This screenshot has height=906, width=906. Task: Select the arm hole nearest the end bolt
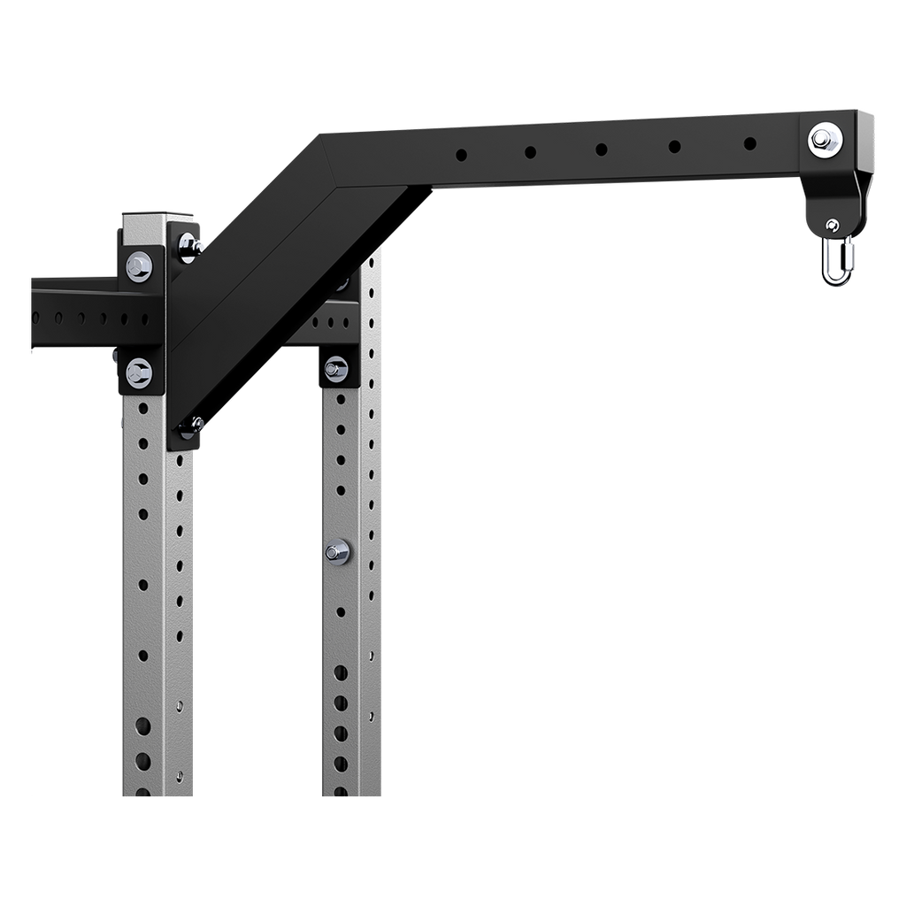pyautogui.click(x=749, y=142)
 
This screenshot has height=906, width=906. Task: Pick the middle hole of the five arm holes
pyautogui.click(x=601, y=148)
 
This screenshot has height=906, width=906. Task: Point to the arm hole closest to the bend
pyautogui.click(x=461, y=156)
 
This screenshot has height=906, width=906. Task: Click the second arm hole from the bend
pyautogui.click(x=529, y=152)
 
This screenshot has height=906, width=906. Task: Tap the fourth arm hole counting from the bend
pyautogui.click(x=674, y=146)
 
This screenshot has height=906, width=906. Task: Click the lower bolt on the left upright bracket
pyautogui.click(x=139, y=372)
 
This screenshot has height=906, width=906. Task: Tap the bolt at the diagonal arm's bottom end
pyautogui.click(x=190, y=426)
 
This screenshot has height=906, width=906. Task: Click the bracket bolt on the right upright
pyautogui.click(x=336, y=367)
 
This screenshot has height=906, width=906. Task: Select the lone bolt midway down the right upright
pyautogui.click(x=336, y=553)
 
